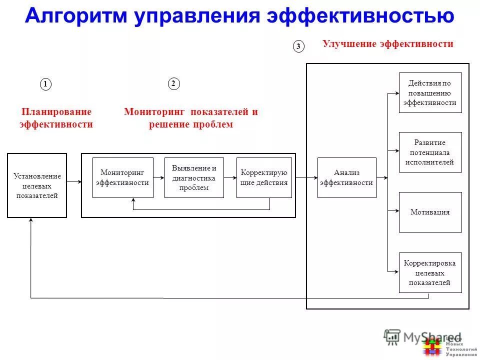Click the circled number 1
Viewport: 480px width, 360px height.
click(x=45, y=84)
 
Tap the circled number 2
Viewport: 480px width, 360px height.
click(x=173, y=84)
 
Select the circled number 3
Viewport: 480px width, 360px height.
click(x=298, y=46)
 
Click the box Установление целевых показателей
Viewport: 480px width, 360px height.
click(x=37, y=185)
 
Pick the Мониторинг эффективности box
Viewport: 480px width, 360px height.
click(x=122, y=177)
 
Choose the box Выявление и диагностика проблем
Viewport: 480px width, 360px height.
click(x=194, y=177)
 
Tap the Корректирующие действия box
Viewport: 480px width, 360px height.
click(x=264, y=177)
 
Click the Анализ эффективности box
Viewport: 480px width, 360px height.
click(x=346, y=177)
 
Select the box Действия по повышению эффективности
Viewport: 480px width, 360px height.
click(x=430, y=92)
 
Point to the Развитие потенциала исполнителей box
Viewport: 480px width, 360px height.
click(x=430, y=152)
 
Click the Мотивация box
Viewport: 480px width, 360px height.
click(x=430, y=212)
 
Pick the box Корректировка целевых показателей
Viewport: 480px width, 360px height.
click(x=430, y=272)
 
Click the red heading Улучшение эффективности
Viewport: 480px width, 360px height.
click(x=388, y=44)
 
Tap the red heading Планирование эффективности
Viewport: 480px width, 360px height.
click(x=56, y=118)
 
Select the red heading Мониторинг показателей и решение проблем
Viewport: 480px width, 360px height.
click(x=191, y=118)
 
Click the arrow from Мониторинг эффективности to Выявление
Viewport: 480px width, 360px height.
click(x=158, y=177)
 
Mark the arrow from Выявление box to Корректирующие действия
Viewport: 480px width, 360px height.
click(x=230, y=177)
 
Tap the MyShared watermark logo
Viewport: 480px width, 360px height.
click(x=422, y=338)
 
